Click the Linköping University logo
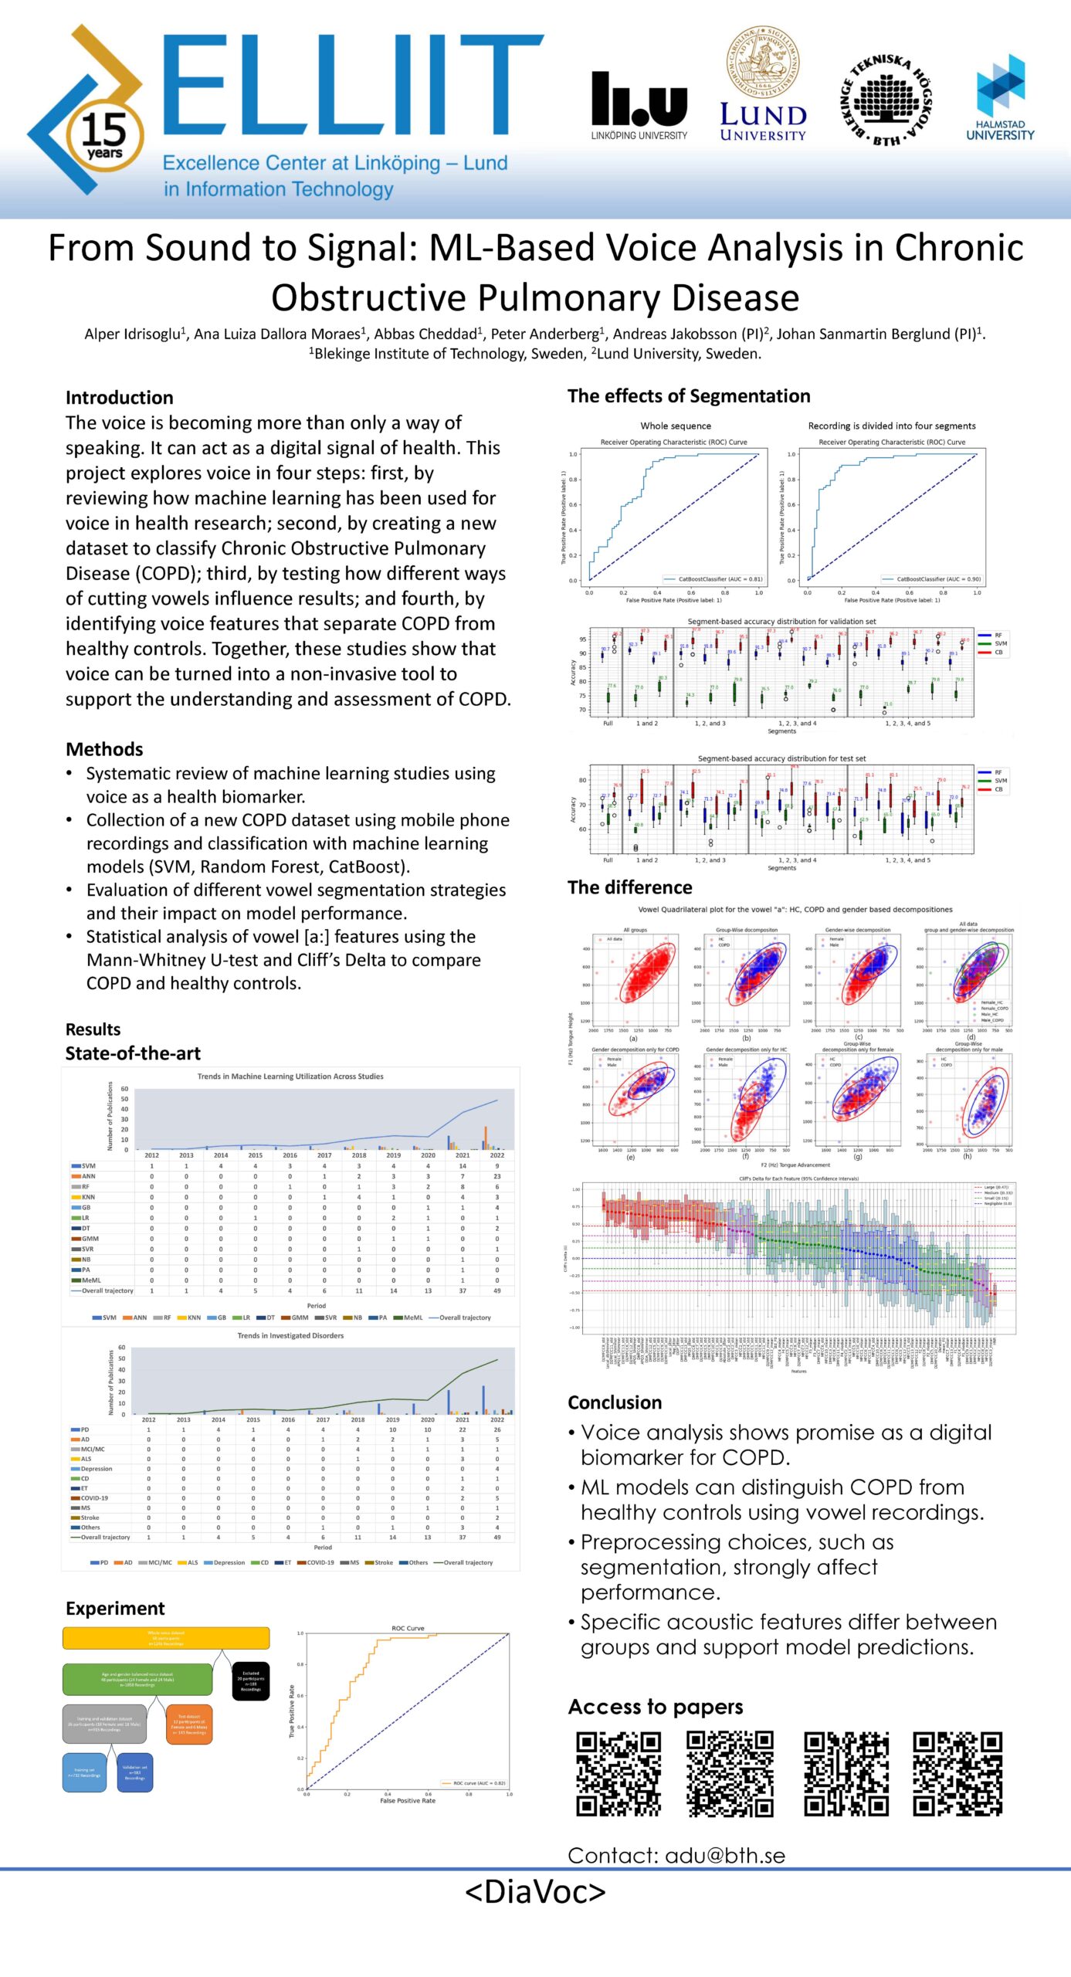pos(639,105)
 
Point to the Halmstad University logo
pos(1000,97)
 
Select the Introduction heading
pos(120,398)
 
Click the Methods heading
pos(104,749)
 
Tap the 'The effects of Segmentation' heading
pos(689,396)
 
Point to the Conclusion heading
pos(615,1402)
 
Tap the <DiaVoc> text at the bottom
pos(535,1891)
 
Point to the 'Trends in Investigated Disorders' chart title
pos(290,1335)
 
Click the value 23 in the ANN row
pos(497,1176)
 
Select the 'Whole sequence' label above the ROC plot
pos(676,426)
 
